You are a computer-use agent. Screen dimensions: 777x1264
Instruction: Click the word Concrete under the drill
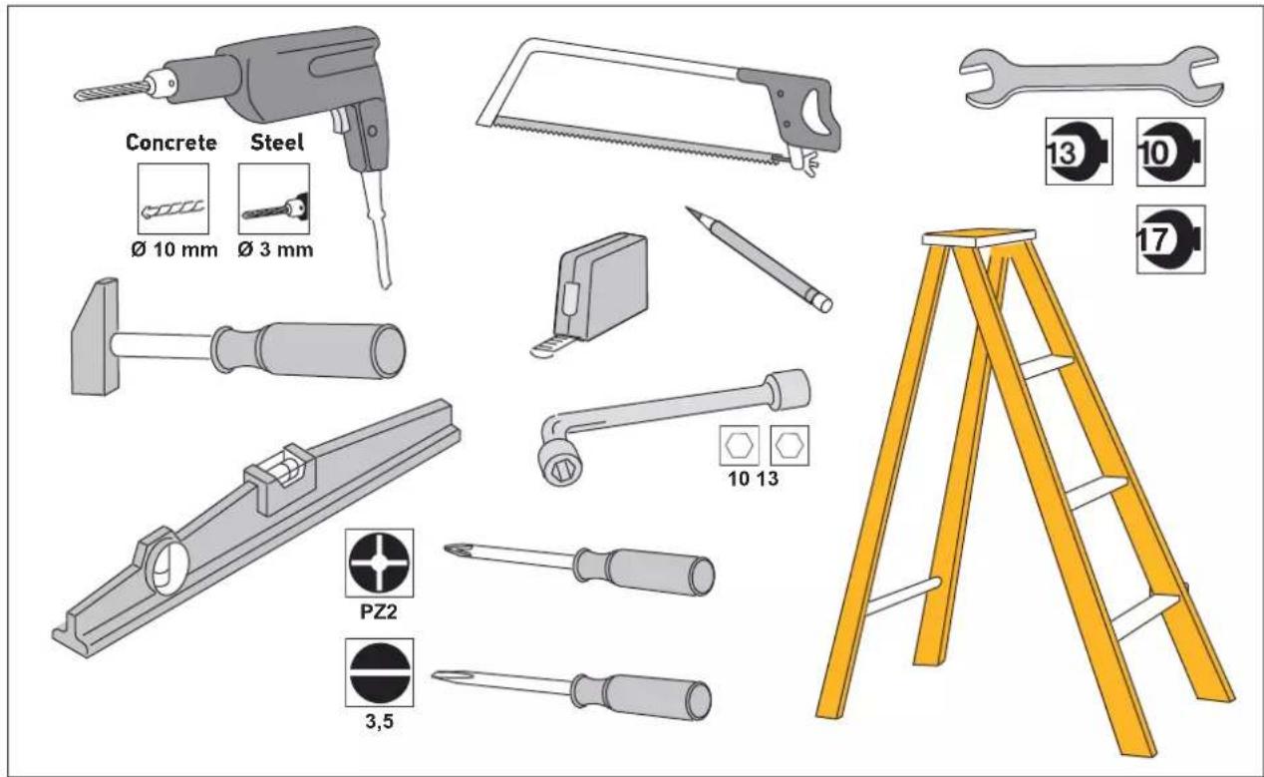point(171,143)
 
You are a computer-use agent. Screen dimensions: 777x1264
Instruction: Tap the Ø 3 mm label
point(275,248)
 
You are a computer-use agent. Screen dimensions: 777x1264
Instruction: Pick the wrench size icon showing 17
point(1171,240)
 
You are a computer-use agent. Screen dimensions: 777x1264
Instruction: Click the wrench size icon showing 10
point(1171,153)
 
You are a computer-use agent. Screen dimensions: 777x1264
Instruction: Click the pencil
point(758,259)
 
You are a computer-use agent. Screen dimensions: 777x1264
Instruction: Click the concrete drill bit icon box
point(171,198)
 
